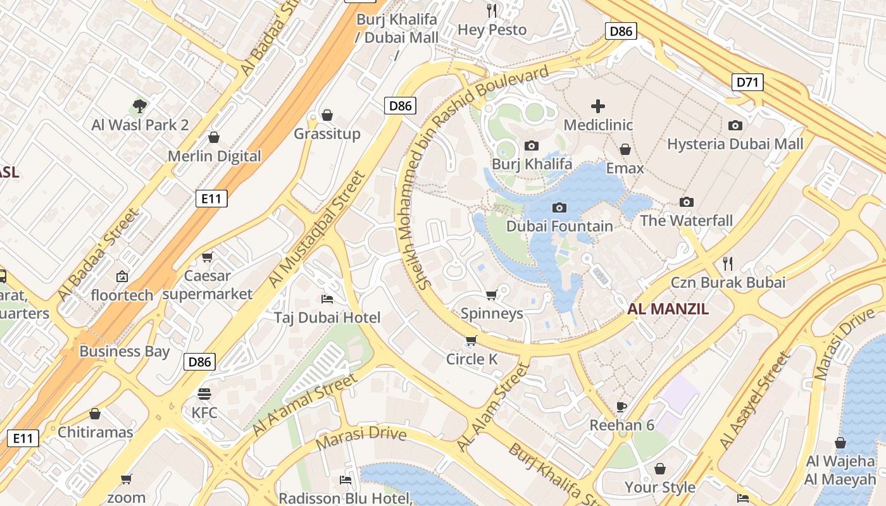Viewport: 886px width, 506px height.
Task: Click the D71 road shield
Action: tap(747, 82)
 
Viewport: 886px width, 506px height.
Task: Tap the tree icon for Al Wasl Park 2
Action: tap(140, 106)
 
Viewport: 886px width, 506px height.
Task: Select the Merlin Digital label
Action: tap(214, 156)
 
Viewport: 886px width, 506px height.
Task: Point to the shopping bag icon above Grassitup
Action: tap(327, 115)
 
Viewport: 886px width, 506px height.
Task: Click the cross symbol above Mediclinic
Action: tap(597, 106)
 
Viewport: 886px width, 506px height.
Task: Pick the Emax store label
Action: tap(625, 168)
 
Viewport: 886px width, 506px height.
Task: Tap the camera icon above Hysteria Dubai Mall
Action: tap(735, 125)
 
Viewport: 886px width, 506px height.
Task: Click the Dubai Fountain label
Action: tap(559, 226)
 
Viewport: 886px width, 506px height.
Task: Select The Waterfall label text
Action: tap(686, 221)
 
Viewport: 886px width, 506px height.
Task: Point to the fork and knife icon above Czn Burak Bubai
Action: tap(728, 263)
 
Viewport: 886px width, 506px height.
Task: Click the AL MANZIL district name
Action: tap(668, 309)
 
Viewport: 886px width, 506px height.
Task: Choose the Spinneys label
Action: tap(492, 313)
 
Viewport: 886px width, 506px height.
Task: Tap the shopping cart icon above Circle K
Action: tap(471, 342)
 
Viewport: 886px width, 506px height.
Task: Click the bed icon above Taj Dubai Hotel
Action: tap(327, 299)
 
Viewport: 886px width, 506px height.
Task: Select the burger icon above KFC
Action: tap(204, 394)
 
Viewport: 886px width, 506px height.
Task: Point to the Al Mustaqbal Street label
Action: tap(317, 229)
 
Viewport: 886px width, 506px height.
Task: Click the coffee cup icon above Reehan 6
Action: tap(621, 407)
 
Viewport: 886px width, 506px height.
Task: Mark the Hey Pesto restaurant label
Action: tap(492, 30)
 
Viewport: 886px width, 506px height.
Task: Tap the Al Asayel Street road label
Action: tap(756, 400)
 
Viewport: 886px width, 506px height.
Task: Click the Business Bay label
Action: tap(124, 352)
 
